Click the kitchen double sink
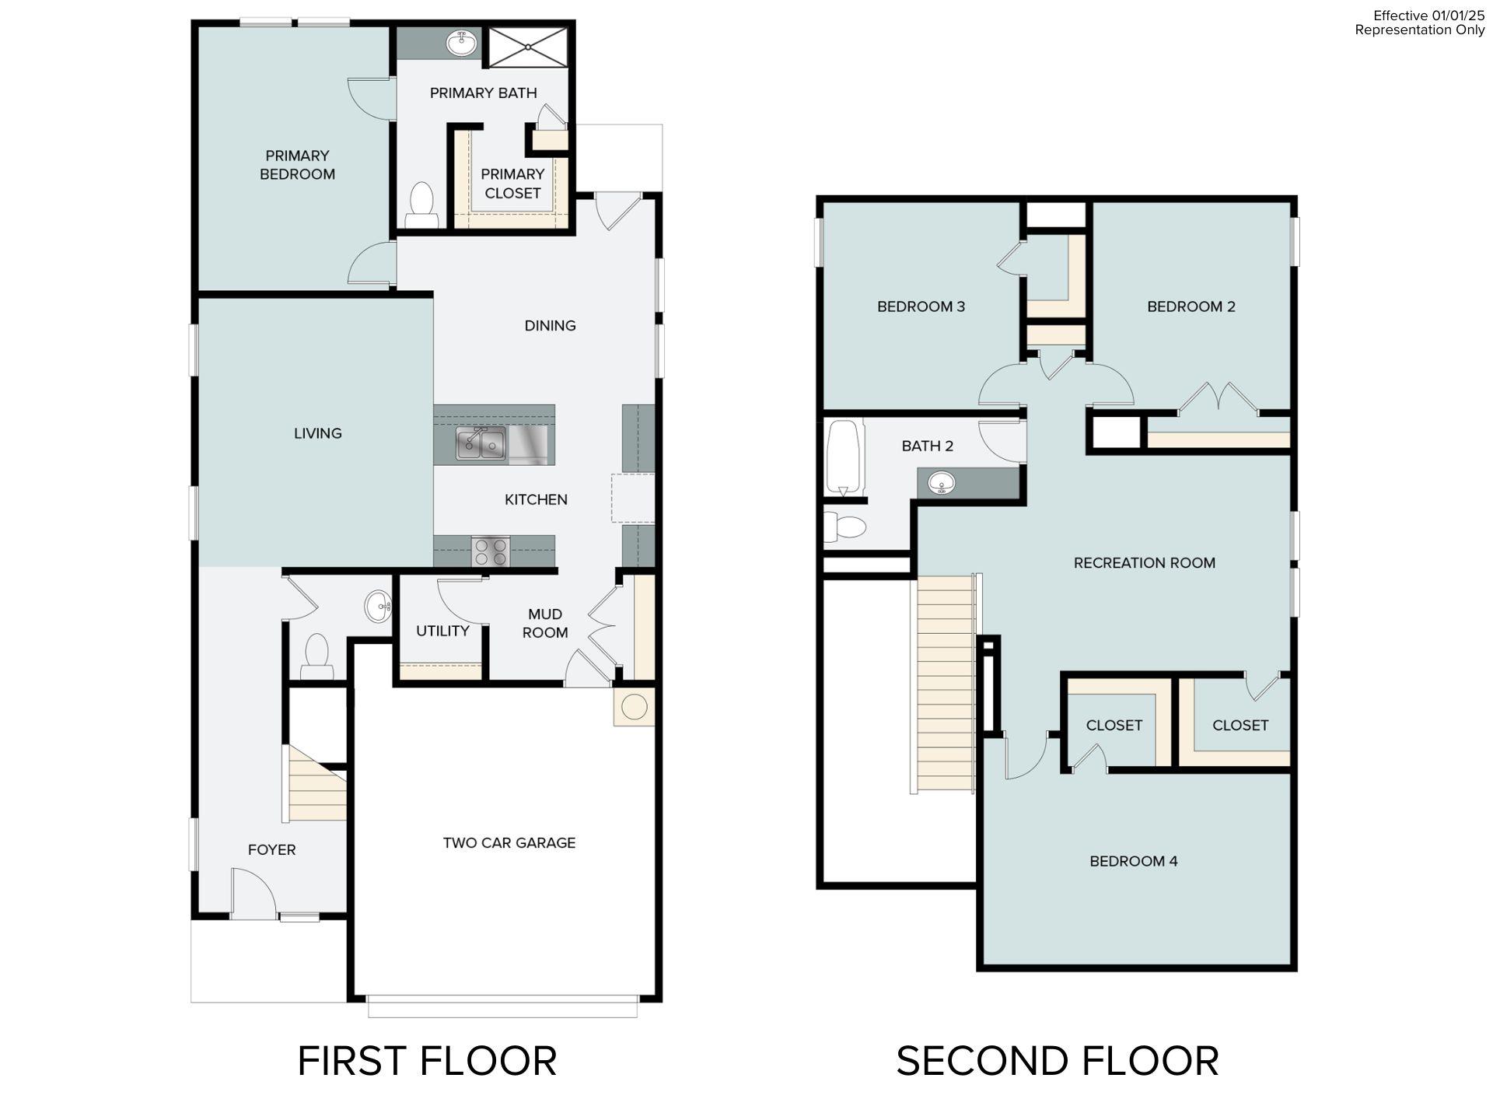click(x=481, y=444)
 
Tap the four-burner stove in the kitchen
click(x=491, y=551)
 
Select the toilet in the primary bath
click(x=421, y=204)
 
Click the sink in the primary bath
click(x=463, y=43)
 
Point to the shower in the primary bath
click(x=528, y=47)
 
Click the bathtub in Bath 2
click(x=845, y=457)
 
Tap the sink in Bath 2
click(x=942, y=483)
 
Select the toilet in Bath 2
click(x=845, y=527)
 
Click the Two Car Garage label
click(x=509, y=842)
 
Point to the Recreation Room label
click(x=1144, y=562)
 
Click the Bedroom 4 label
click(x=1133, y=861)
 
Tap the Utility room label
click(x=442, y=631)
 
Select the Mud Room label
click(x=544, y=623)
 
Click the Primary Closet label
click(x=512, y=184)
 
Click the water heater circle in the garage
click(x=634, y=707)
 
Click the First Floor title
click(x=427, y=1061)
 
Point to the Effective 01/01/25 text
click(x=1428, y=16)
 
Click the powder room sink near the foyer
click(x=379, y=605)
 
